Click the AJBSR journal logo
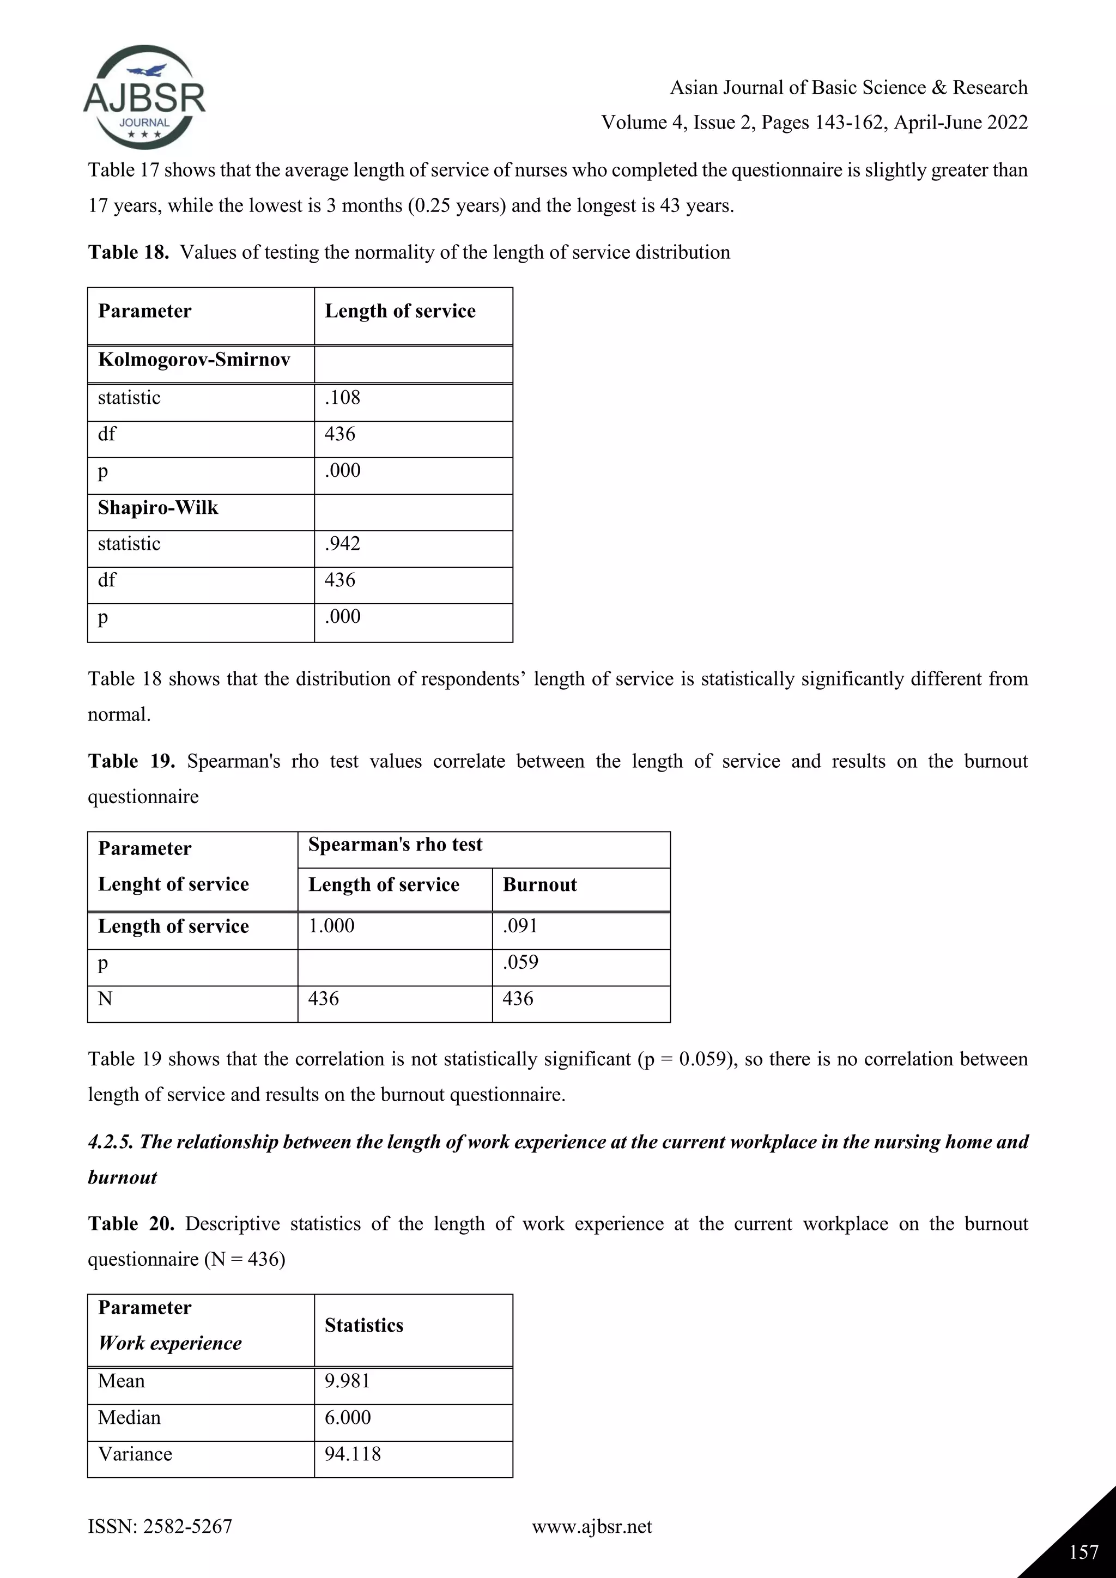pyautogui.click(x=144, y=98)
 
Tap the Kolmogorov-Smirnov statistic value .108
pyautogui.click(x=342, y=398)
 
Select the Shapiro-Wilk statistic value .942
pyautogui.click(x=342, y=544)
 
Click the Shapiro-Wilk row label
pyautogui.click(x=158, y=508)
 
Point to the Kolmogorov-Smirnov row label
pyautogui.click(x=194, y=360)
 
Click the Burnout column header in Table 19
pyautogui.click(x=539, y=884)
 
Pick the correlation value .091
pyautogui.click(x=520, y=926)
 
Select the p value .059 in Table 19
pyautogui.click(x=520, y=962)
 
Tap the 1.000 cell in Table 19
pyautogui.click(x=331, y=926)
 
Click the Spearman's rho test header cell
pyautogui.click(x=395, y=845)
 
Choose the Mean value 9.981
pyautogui.click(x=347, y=1381)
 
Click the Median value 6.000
pyautogui.click(x=347, y=1417)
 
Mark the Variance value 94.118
pyautogui.click(x=352, y=1454)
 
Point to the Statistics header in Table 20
pyautogui.click(x=363, y=1325)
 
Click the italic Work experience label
pyautogui.click(x=169, y=1343)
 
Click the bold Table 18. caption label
pyautogui.click(x=129, y=252)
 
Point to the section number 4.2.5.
pyautogui.click(x=111, y=1142)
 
